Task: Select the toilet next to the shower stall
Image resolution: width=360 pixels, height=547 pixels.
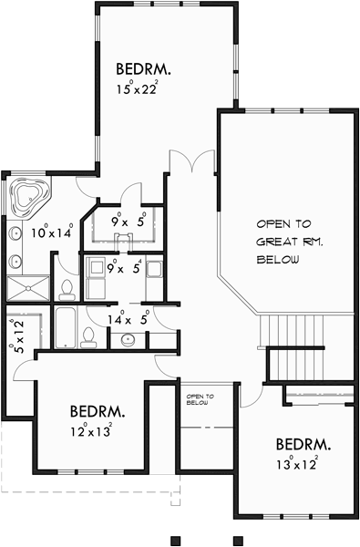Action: point(67,289)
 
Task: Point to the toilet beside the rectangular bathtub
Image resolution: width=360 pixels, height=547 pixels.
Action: point(88,337)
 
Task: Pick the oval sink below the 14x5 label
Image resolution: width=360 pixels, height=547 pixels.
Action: point(129,340)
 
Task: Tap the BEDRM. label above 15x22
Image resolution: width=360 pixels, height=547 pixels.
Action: point(144,68)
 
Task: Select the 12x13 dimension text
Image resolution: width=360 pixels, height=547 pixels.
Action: point(91,431)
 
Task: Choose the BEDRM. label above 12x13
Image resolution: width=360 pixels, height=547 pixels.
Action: point(97,411)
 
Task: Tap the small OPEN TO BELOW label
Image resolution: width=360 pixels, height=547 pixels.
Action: point(200,400)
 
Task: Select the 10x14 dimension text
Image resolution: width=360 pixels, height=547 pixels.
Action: point(51,232)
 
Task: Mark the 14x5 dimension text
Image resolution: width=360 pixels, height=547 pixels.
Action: point(128,318)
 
